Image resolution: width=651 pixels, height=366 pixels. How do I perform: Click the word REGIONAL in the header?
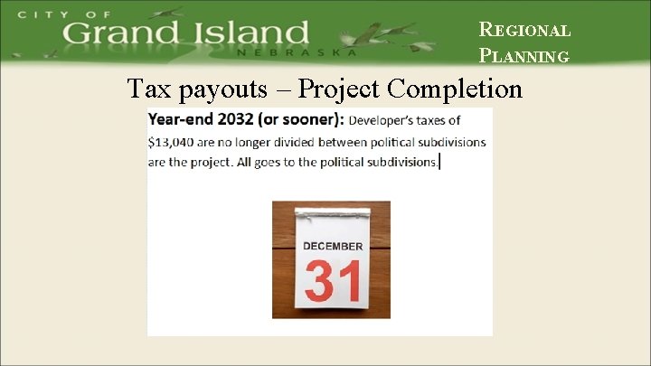tap(524, 30)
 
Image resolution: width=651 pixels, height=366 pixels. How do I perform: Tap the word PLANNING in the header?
tap(524, 56)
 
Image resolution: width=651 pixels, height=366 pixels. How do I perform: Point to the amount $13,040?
tap(175, 142)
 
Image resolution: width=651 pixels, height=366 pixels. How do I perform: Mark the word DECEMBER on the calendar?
tap(333, 246)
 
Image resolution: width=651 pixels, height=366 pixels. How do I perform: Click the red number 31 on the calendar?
tap(333, 281)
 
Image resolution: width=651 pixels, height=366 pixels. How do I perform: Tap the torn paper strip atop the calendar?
tap(333, 213)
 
